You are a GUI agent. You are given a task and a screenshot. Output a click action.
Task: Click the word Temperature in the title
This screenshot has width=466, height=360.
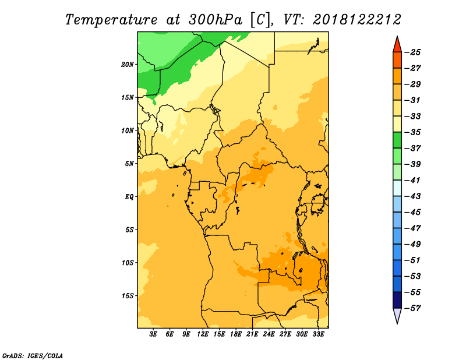pyautogui.click(x=111, y=20)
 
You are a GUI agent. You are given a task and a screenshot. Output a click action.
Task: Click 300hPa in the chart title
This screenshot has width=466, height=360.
pyautogui.click(x=216, y=20)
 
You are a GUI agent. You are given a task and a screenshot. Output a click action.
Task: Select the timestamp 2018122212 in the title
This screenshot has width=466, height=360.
pyautogui.click(x=357, y=20)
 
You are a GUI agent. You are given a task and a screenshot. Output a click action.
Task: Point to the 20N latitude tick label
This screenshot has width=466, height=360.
pyautogui.click(x=128, y=65)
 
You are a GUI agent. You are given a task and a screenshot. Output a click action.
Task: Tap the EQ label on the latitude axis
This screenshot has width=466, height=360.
pyautogui.click(x=129, y=197)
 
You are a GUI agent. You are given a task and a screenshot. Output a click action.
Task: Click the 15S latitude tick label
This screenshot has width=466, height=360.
pyautogui.click(x=128, y=296)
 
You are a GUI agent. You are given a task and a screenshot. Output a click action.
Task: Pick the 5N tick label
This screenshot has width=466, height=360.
pyautogui.click(x=129, y=164)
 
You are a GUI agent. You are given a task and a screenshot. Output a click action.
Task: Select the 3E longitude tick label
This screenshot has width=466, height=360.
pyautogui.click(x=153, y=334)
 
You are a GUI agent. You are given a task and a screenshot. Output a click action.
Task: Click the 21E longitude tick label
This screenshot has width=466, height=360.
pyautogui.click(x=252, y=334)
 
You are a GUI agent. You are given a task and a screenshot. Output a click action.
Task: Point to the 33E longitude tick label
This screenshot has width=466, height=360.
pyautogui.click(x=318, y=334)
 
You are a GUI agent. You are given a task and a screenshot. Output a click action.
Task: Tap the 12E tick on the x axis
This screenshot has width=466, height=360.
pyautogui.click(x=202, y=334)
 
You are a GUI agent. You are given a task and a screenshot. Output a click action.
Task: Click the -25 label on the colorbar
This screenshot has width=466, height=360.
pyautogui.click(x=412, y=52)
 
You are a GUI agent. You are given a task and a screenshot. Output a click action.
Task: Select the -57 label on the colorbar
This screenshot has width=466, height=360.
pyautogui.click(x=412, y=308)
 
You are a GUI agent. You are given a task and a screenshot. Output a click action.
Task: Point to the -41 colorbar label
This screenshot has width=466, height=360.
pyautogui.click(x=412, y=180)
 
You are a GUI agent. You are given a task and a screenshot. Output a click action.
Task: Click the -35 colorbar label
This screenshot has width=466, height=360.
pyautogui.click(x=412, y=132)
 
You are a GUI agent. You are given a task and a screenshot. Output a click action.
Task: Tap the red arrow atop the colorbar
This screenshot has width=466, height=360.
pyautogui.click(x=397, y=45)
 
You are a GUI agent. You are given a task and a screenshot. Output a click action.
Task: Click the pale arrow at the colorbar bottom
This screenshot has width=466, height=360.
pyautogui.click(x=397, y=315)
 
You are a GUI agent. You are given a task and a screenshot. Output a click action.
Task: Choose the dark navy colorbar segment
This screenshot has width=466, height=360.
pyautogui.click(x=397, y=300)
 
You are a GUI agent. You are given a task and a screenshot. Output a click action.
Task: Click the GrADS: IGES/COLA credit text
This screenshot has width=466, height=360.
pyautogui.click(x=33, y=355)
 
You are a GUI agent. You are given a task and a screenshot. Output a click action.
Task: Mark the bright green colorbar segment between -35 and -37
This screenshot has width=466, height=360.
pyautogui.click(x=397, y=140)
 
